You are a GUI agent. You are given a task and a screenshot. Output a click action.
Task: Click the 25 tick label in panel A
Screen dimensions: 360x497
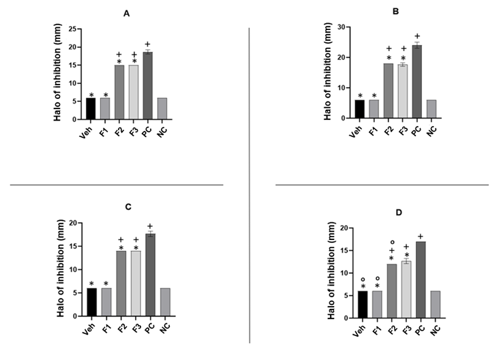point(74,29)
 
